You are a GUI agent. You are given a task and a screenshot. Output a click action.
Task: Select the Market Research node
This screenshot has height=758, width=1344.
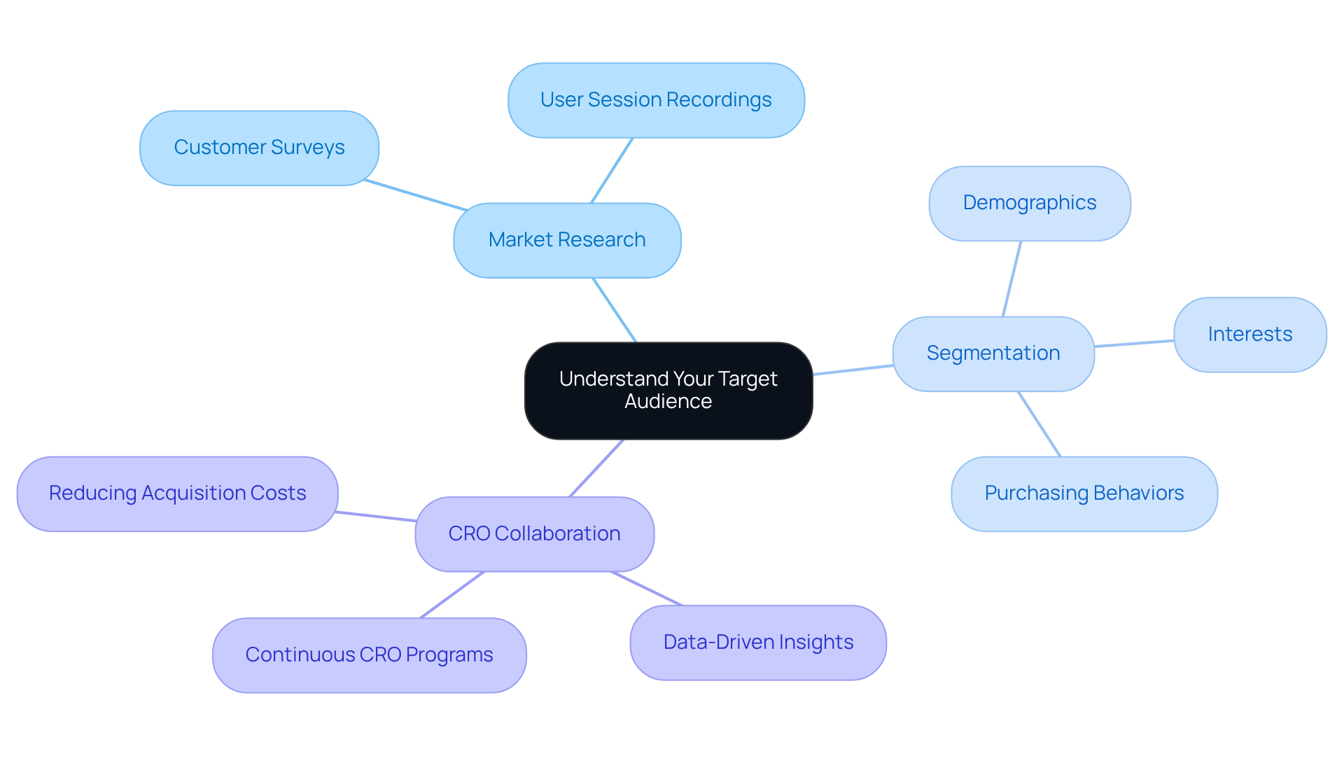[567, 240]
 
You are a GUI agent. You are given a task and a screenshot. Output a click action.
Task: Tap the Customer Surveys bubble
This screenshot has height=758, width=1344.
[259, 148]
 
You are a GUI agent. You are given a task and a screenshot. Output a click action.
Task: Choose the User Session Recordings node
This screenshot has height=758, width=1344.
[656, 100]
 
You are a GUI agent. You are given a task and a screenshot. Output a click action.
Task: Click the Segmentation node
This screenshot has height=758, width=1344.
[993, 353]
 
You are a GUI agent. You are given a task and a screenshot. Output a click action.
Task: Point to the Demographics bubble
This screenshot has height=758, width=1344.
[1029, 203]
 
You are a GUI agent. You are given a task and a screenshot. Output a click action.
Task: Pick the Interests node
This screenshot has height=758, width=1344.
[1249, 335]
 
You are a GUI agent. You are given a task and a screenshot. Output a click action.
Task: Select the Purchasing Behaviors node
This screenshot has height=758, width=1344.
[1084, 493]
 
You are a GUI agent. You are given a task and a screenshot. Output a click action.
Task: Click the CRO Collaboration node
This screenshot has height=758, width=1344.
[534, 534]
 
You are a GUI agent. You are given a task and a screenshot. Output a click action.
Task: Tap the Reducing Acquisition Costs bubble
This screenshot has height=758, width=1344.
[177, 493]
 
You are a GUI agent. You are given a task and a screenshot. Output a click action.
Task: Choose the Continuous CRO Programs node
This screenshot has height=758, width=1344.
[369, 655]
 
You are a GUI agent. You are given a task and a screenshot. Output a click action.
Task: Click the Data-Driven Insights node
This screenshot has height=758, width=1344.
[758, 643]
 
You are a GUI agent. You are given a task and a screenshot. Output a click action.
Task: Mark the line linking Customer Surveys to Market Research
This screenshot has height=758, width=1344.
[415, 195]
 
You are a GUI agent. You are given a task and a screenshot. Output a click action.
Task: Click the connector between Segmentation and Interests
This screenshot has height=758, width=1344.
[1134, 343]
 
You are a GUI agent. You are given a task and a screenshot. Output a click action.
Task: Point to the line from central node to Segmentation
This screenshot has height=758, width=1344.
[853, 370]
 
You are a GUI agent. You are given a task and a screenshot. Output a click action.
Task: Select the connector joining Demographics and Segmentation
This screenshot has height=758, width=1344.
[1011, 279]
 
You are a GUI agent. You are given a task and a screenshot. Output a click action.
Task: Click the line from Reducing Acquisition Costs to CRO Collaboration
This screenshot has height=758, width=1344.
[376, 517]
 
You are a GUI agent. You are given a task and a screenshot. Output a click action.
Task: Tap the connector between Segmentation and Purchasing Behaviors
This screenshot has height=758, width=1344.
[1039, 423]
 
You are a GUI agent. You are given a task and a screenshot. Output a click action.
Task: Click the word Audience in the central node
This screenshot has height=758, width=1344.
[668, 402]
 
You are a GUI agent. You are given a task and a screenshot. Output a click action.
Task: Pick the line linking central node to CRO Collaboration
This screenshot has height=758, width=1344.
[596, 468]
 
